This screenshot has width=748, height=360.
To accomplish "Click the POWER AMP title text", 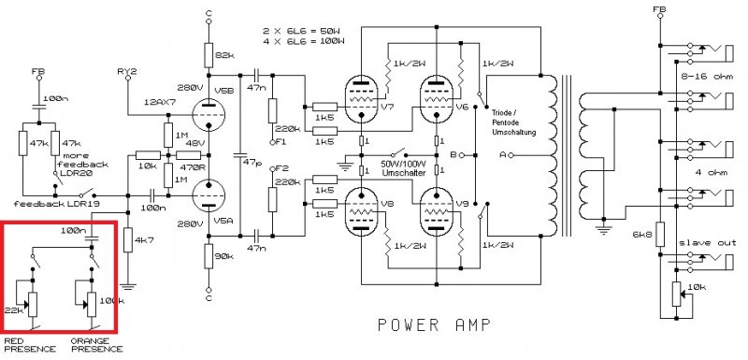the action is click(x=434, y=324).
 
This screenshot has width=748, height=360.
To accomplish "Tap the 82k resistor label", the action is click(x=226, y=56).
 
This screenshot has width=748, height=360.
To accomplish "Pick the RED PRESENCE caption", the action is click(x=30, y=345).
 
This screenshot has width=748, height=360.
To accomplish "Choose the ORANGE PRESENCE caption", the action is click(x=96, y=345).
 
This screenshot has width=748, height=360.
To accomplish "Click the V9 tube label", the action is click(x=462, y=204).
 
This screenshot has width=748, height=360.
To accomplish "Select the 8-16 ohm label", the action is click(x=708, y=77).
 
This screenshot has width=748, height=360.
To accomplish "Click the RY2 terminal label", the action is click(x=127, y=71).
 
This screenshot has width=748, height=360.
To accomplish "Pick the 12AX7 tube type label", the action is click(x=157, y=103).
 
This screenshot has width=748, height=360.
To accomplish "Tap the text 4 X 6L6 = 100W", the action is click(x=303, y=41).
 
